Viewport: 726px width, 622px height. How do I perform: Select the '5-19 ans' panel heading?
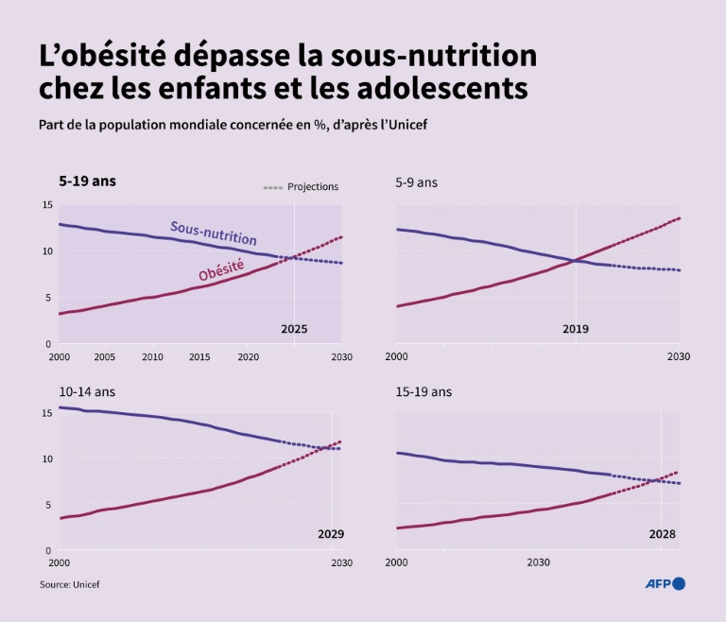(84, 180)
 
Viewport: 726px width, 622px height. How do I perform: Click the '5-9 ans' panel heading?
(417, 181)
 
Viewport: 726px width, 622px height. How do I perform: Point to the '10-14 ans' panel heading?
(86, 390)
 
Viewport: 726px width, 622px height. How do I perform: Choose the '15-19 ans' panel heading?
(423, 390)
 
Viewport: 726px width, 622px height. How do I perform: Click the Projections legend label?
(312, 187)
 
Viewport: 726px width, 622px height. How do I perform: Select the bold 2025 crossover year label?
(295, 330)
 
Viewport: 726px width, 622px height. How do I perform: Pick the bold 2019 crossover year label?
(576, 330)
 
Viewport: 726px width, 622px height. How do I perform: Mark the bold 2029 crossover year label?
(331, 535)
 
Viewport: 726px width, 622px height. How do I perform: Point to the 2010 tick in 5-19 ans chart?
(152, 357)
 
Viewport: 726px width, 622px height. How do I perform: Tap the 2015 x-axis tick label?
(199, 357)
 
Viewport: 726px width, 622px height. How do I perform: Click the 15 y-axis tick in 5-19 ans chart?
(47, 205)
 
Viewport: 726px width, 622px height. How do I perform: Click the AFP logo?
(665, 584)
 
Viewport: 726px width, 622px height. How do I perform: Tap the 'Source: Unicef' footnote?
(69, 585)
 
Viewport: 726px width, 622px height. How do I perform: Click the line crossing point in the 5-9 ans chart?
(576, 260)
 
